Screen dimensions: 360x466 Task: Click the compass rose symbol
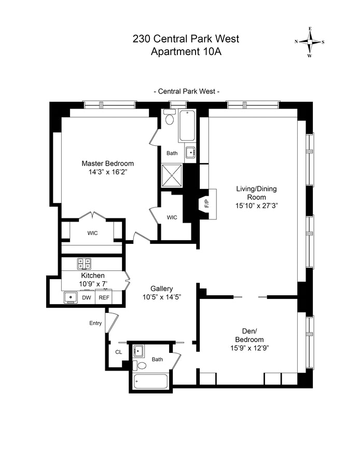pyautogui.click(x=310, y=42)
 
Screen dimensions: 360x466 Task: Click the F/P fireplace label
pyautogui.click(x=207, y=203)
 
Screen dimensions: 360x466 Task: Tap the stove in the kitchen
pyautogui.click(x=85, y=263)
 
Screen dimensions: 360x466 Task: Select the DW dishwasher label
pyautogui.click(x=87, y=297)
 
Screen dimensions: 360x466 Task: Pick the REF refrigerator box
pyautogui.click(x=104, y=297)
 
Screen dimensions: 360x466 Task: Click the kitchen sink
pyautogui.click(x=71, y=297)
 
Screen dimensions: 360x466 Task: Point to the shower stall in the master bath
pyautogui.click(x=172, y=175)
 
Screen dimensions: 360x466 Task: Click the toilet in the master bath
pyautogui.click(x=170, y=117)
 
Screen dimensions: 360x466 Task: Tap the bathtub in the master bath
pyautogui.click(x=187, y=126)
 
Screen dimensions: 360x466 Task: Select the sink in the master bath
pyautogui.click(x=190, y=153)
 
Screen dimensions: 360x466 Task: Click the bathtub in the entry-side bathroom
pyautogui.click(x=150, y=381)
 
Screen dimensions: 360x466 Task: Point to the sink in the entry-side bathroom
pyautogui.click(x=138, y=351)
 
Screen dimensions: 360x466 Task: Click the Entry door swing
pyautogui.click(x=112, y=323)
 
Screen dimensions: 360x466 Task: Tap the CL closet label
pyautogui.click(x=118, y=352)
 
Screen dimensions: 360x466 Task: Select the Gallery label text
pyautogui.click(x=161, y=289)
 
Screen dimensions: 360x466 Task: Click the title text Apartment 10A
pyautogui.click(x=186, y=52)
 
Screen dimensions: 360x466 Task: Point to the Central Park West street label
pyautogui.click(x=187, y=91)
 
